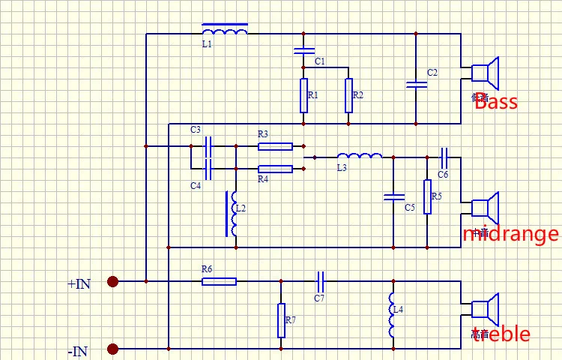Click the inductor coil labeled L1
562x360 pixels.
(225, 31)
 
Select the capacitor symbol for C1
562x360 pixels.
(303, 52)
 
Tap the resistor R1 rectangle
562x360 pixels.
(303, 95)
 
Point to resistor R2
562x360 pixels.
(348, 95)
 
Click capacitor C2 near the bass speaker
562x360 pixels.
(416, 82)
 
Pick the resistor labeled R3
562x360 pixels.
(275, 145)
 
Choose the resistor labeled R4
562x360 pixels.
(275, 169)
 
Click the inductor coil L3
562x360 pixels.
(360, 156)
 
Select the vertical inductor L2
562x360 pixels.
(235, 214)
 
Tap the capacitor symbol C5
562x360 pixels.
(393, 197)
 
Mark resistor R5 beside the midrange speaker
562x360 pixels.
(427, 196)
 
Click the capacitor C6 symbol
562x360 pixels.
(444, 157)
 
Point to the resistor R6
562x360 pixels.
(219, 281)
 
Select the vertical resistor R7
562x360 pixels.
(281, 320)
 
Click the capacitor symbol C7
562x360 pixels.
(320, 281)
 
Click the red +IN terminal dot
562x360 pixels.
(112, 281)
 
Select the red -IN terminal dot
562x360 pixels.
(112, 349)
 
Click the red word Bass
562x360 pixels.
(496, 102)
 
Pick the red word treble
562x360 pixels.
(501, 334)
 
